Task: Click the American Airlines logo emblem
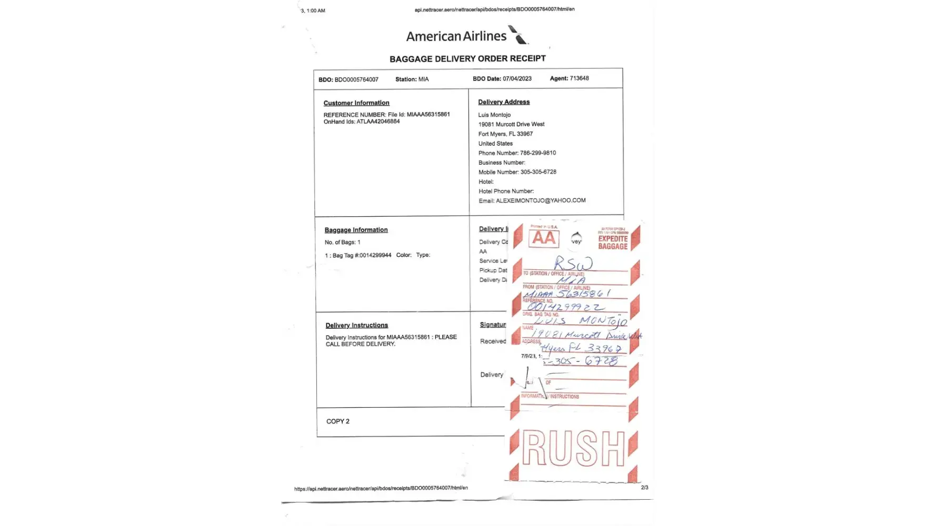(x=519, y=35)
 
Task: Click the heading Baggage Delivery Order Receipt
(x=467, y=59)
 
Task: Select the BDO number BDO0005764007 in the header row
(x=356, y=80)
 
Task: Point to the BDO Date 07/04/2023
(x=516, y=79)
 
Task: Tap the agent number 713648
(x=579, y=78)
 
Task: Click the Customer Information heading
(x=356, y=103)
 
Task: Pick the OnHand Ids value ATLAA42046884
(x=378, y=122)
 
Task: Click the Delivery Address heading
(x=504, y=102)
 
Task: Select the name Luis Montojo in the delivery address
(x=494, y=115)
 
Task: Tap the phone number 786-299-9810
(x=537, y=153)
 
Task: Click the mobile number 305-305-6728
(x=538, y=172)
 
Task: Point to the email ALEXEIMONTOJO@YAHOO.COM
(x=541, y=200)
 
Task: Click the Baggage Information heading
(x=356, y=230)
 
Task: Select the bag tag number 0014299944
(x=375, y=255)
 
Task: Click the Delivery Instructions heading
(x=356, y=326)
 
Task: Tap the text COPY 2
(x=338, y=421)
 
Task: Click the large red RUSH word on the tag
(x=573, y=448)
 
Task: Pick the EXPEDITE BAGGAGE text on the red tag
(x=613, y=242)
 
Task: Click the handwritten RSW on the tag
(x=573, y=263)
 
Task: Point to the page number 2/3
(x=644, y=488)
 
